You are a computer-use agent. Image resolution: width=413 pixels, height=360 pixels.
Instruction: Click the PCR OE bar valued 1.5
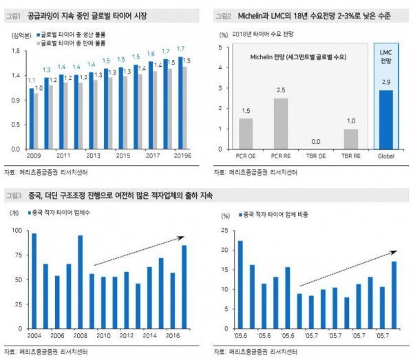tap(246, 134)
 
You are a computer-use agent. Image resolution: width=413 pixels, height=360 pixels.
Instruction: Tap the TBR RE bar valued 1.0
tap(350, 138)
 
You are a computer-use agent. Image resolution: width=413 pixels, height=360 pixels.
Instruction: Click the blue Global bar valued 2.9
tap(385, 119)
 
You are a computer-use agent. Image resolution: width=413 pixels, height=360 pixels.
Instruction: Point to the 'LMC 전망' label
tap(385, 61)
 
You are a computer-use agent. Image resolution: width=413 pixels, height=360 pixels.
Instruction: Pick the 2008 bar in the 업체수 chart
tap(80, 292)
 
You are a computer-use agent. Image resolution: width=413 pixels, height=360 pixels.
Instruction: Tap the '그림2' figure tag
tap(222, 14)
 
